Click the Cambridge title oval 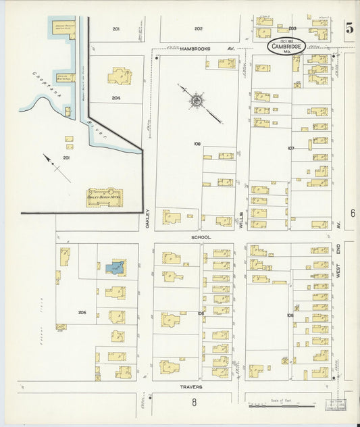(x=286, y=47)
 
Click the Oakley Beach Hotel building (x=105, y=197)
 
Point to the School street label (x=201, y=237)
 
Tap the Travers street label (x=192, y=387)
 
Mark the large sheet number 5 (x=349, y=28)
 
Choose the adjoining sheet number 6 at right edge (x=352, y=213)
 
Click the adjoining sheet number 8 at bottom (x=194, y=403)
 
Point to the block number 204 (x=116, y=97)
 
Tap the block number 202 (x=198, y=28)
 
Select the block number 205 (x=82, y=312)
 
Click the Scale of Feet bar (x=274, y=406)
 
